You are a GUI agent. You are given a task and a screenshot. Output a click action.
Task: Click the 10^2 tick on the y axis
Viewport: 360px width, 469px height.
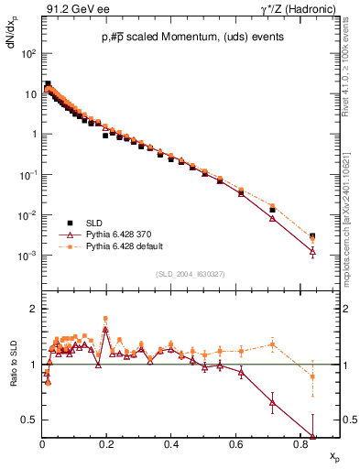tap(28, 53)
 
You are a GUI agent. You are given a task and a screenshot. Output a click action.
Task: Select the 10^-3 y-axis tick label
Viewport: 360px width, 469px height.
tap(28, 256)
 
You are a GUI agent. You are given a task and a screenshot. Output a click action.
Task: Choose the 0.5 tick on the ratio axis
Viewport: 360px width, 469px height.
tap(29, 420)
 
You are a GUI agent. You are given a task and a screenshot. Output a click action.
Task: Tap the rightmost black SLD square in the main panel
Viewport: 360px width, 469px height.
tap(312, 235)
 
